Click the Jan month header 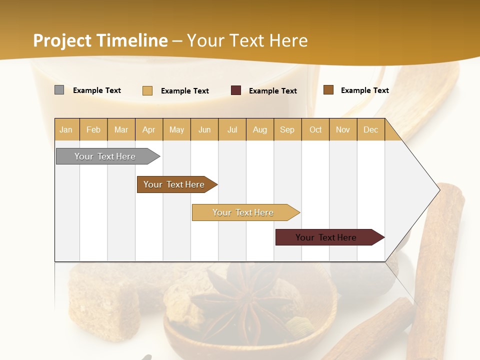pyautogui.click(x=66, y=129)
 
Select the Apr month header pyautogui.click(x=148, y=129)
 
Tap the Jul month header pyautogui.click(x=232, y=129)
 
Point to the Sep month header pyautogui.click(x=287, y=129)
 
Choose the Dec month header pyautogui.click(x=370, y=129)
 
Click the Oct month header pyautogui.click(x=315, y=129)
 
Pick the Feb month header pyautogui.click(x=93, y=129)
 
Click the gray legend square pyautogui.click(x=59, y=90)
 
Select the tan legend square pyautogui.click(x=147, y=90)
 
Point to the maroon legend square pyautogui.click(x=236, y=90)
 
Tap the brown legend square pyautogui.click(x=328, y=89)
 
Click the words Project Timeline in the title pyautogui.click(x=100, y=40)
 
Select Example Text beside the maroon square pyautogui.click(x=272, y=90)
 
